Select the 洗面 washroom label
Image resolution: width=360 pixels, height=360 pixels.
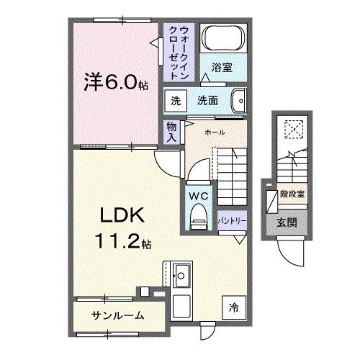click(208, 101)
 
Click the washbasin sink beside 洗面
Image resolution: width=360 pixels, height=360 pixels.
click(240, 100)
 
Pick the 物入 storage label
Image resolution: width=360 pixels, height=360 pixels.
click(172, 131)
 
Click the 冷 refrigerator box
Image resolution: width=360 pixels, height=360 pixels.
click(233, 307)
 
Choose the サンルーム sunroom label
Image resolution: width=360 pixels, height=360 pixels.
click(117, 315)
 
